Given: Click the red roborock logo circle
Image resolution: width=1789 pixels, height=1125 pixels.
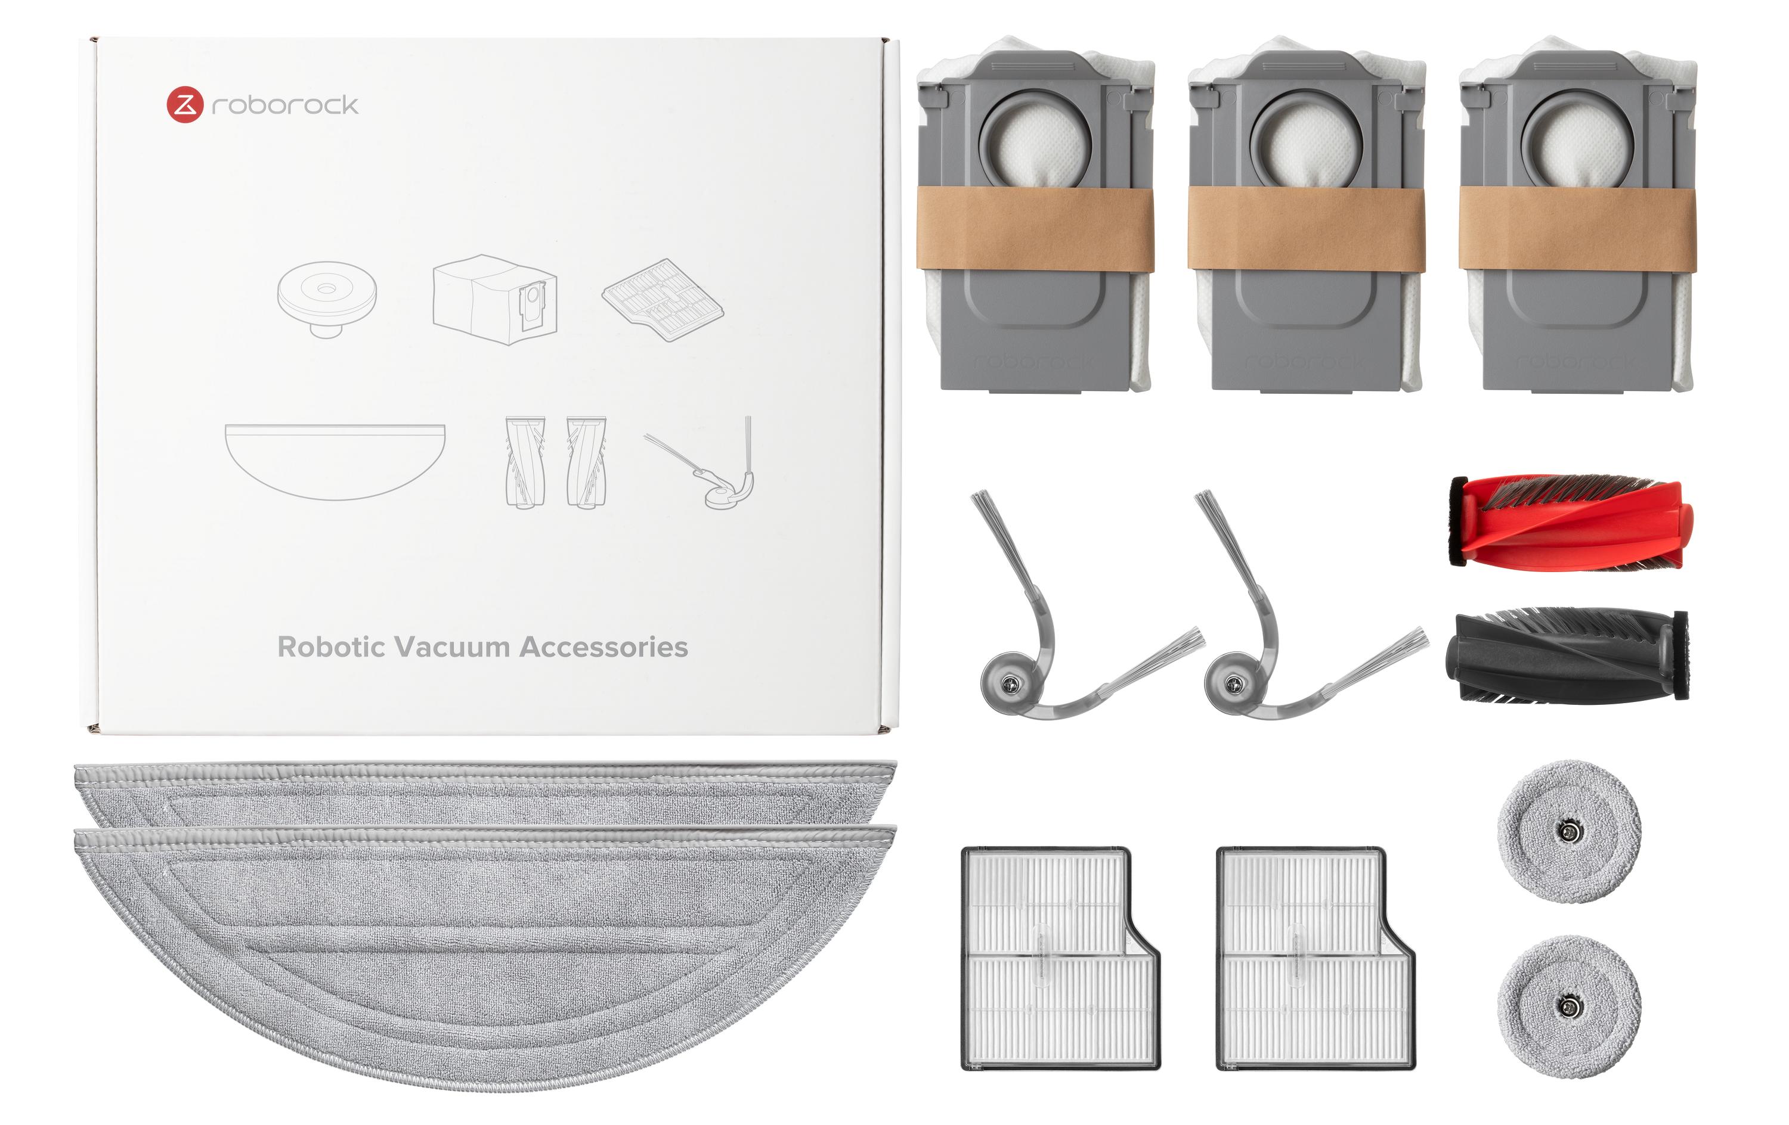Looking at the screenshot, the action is [184, 105].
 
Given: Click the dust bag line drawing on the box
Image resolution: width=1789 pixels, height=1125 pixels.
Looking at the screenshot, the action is [495, 299].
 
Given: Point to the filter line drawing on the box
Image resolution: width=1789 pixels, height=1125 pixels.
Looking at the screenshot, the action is [662, 299].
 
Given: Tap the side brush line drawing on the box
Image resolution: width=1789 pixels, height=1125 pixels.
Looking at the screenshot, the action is [704, 462].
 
